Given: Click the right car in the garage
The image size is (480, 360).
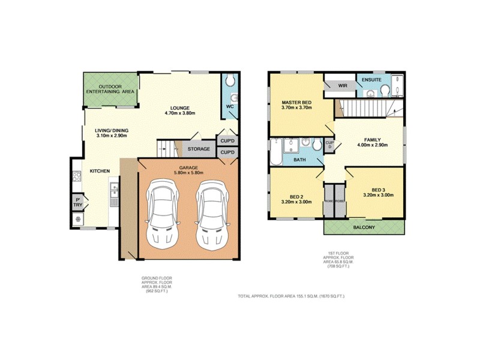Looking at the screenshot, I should (211, 216).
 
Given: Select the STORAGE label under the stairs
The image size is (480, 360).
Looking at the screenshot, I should (199, 149).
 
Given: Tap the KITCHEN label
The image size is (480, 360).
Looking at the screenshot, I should (100, 172).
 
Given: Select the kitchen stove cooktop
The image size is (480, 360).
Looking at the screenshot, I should (77, 177).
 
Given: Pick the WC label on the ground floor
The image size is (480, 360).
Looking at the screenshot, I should (229, 106).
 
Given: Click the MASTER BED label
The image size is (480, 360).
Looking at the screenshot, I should (296, 103).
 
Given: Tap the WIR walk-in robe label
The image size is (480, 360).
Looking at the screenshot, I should (343, 86).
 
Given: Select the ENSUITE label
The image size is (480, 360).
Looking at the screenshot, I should (371, 79).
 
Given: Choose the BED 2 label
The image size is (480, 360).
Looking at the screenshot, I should (296, 199).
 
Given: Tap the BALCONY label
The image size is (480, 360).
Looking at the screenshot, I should (364, 227).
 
